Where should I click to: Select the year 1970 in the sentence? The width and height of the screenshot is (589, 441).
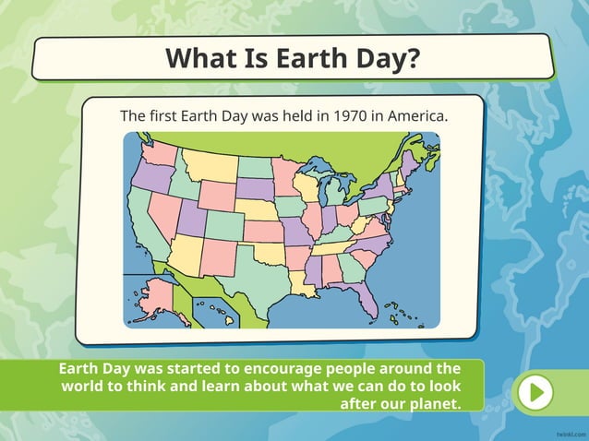click(352, 117)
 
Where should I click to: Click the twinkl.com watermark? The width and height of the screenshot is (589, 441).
click(568, 432)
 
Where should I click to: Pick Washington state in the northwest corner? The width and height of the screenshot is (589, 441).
click(157, 151)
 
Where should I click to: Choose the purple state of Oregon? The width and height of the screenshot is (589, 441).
click(149, 174)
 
